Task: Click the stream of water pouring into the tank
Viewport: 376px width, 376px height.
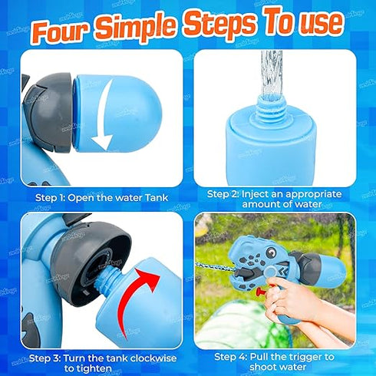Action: tap(272, 74)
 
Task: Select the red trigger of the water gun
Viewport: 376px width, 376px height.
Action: tap(263, 289)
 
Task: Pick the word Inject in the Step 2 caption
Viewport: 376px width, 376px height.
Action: tap(256, 194)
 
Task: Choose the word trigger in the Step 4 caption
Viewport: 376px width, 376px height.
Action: tap(302, 357)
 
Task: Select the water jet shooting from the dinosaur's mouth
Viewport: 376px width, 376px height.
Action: tap(214, 266)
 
